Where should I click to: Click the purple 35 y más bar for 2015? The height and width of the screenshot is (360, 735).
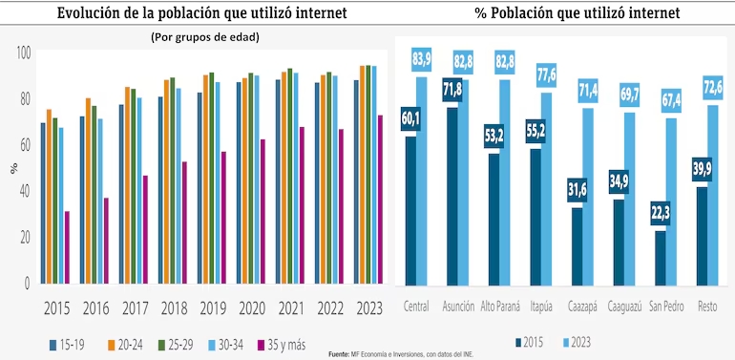tap(67, 248)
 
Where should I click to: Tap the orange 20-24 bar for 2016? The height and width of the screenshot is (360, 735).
tap(88, 192)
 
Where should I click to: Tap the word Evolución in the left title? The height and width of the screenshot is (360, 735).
tap(92, 12)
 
